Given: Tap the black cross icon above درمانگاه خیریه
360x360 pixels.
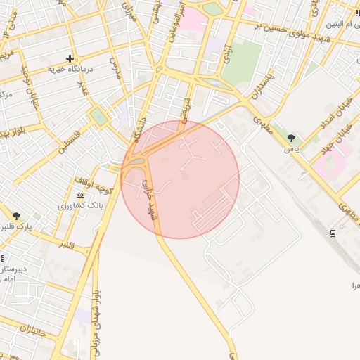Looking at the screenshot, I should tap(70, 58).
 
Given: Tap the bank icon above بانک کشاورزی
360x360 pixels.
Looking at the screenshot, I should tap(79, 195).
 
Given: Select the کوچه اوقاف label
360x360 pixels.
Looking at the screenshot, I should tap(91, 184).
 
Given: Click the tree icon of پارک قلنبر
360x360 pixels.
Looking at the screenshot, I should tap(16, 216).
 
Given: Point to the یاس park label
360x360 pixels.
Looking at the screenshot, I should tap(292, 148).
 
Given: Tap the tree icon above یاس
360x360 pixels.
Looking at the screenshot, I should tap(291, 138).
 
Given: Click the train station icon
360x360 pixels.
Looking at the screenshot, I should tap(333, 233).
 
